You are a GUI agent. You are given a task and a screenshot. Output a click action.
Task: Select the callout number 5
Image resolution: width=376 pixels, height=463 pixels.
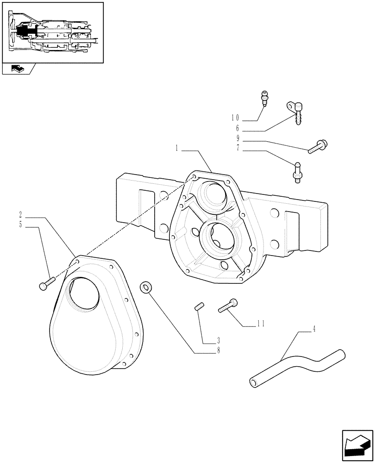point(22,226)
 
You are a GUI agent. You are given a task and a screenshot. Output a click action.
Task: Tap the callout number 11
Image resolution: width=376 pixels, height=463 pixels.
point(260,324)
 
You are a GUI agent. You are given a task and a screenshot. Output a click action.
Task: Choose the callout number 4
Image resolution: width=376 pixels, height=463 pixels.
point(314,330)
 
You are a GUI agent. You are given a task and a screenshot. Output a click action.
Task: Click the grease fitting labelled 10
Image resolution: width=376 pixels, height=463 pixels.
point(264,99)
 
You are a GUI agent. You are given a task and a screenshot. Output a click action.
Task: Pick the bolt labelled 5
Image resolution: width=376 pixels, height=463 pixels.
point(46,283)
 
